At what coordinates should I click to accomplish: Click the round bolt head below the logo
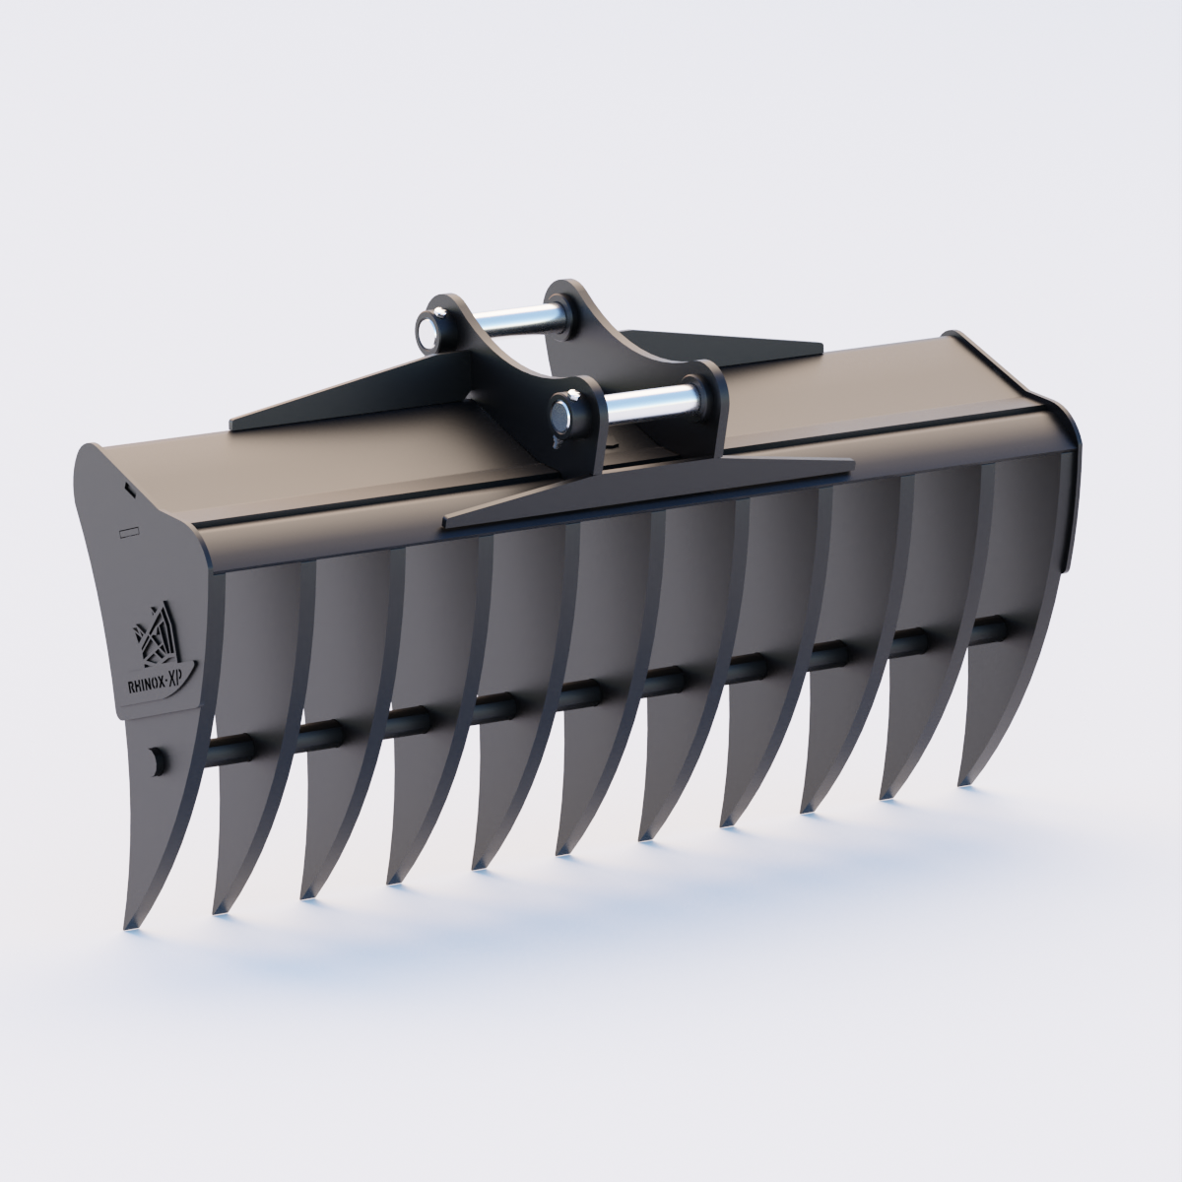point(155,760)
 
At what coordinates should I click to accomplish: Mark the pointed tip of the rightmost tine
point(962,783)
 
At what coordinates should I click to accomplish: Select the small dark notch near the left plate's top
point(130,486)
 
